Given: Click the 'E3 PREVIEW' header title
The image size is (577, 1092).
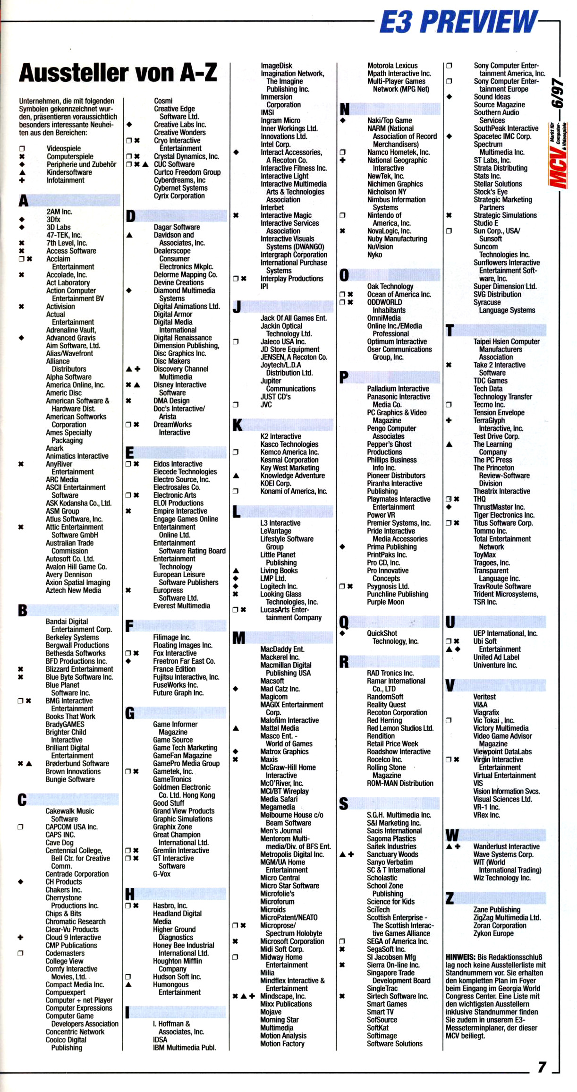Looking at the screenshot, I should tap(458, 22).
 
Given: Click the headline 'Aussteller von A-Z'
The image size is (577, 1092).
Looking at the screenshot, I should tap(118, 73).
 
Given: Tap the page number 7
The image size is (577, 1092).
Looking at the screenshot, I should tap(542, 1067).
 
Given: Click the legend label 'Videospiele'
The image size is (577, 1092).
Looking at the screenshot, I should tap(63, 148).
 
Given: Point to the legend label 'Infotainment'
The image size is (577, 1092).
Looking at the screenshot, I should tap(65, 180).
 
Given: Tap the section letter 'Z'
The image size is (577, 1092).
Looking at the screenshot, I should tap(450, 897).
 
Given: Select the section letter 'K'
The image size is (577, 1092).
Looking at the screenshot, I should tap(237, 425).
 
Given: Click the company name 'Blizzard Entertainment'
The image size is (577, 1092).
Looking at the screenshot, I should tap(79, 669).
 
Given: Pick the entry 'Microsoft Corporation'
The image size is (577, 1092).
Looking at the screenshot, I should tap(292, 941).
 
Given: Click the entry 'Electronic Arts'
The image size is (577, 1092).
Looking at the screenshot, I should tap(174, 495).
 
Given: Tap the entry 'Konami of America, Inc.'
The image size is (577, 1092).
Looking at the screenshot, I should tap(293, 491).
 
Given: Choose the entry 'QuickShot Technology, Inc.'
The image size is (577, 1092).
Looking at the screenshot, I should tap(392, 637).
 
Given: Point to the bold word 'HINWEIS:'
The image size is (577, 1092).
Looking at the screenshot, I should tap(460, 956).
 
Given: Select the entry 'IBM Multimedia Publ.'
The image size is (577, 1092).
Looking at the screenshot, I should tap(184, 1047).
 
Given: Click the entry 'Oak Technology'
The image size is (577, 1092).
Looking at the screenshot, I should tap(390, 286).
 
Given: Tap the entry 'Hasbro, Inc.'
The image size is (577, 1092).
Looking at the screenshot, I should tap(170, 905).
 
